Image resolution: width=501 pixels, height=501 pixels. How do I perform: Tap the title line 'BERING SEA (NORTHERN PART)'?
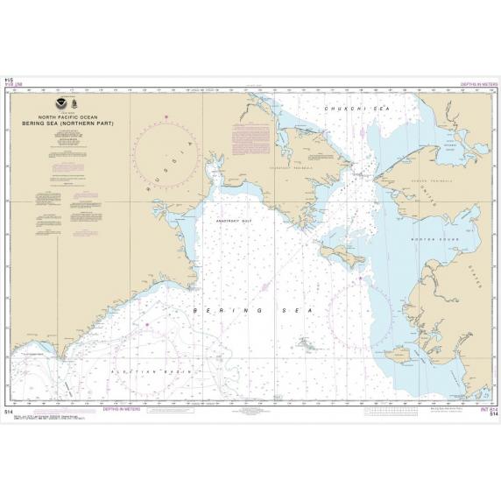pyautogui.click(x=78, y=122)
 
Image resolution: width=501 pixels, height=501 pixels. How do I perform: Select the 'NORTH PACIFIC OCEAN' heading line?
pyautogui.click(x=78, y=116)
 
